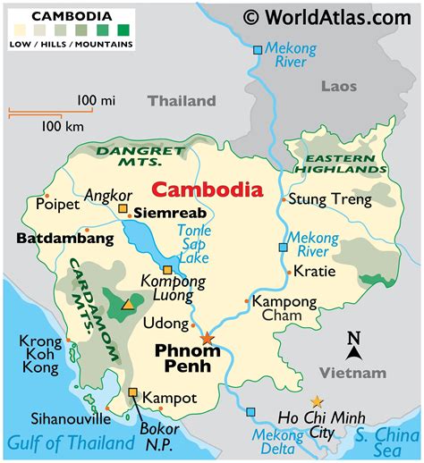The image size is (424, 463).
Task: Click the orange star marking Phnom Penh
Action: point(208,338)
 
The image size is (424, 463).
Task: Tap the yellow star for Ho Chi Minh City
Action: point(317,402)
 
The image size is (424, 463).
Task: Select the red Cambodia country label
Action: point(207,189)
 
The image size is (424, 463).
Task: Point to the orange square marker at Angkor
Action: point(123,209)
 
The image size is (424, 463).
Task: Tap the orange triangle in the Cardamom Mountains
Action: point(127,305)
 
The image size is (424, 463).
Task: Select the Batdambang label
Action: point(65,239)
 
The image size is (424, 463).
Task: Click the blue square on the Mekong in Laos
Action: point(258,50)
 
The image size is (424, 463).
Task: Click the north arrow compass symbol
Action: point(354,343)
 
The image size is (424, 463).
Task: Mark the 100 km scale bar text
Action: point(64,126)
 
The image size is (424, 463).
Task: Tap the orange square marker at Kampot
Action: point(132,392)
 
